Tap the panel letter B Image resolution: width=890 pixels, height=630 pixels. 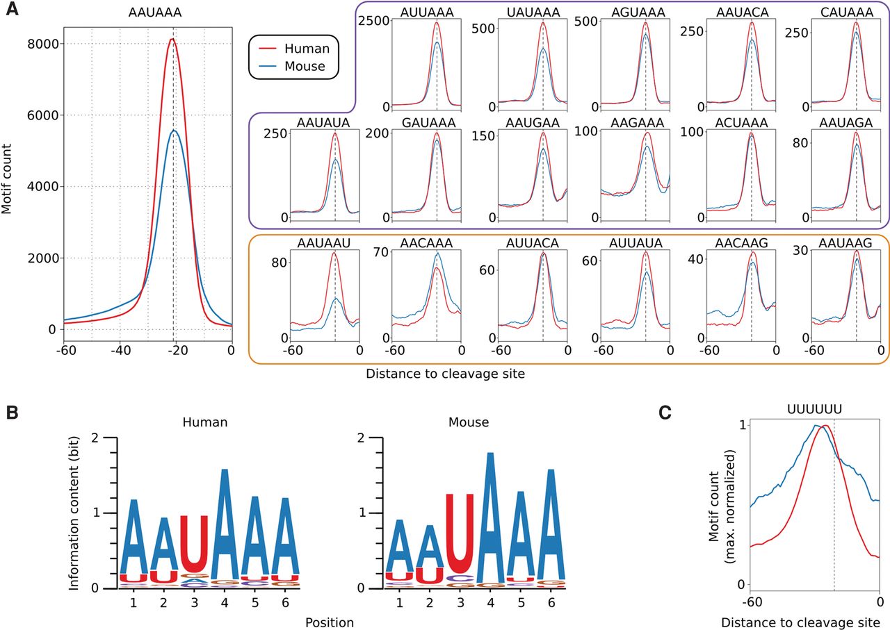click(10, 412)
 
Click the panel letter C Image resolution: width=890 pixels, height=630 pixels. click(666, 412)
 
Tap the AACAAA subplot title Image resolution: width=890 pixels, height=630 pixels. click(426, 242)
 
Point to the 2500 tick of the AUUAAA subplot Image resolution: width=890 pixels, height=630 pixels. click(371, 22)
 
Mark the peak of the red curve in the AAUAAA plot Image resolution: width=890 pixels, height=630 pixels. click(172, 40)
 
